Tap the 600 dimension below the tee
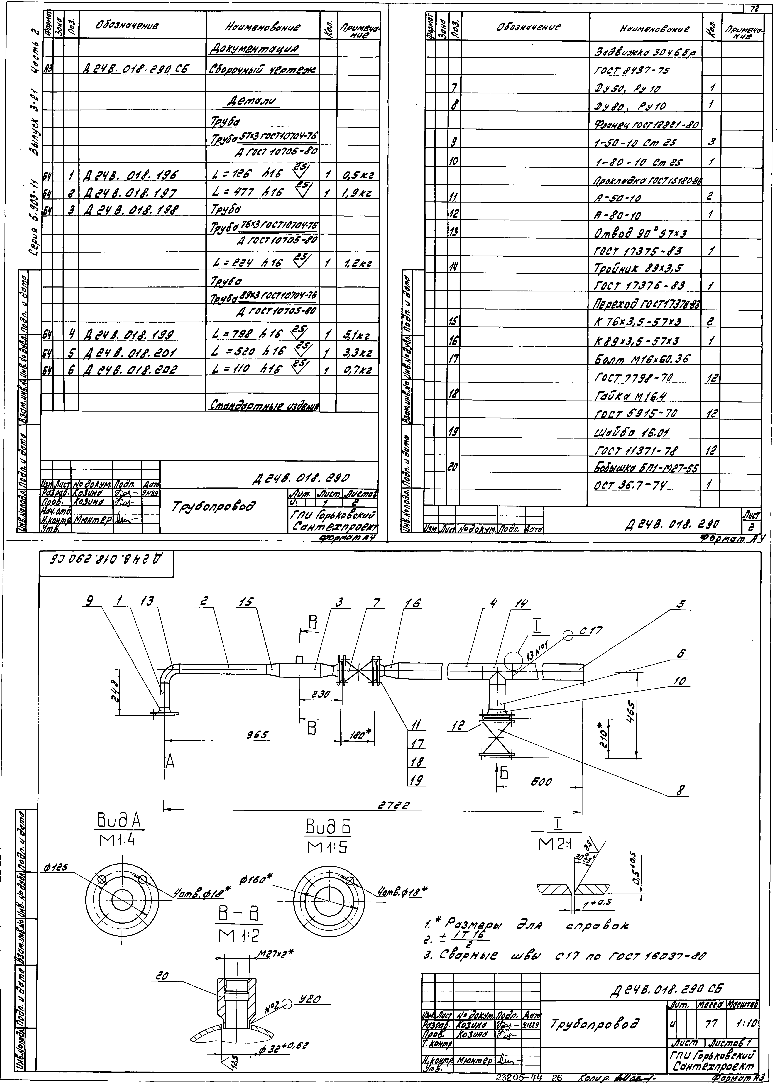(542, 782)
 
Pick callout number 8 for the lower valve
(680, 791)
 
